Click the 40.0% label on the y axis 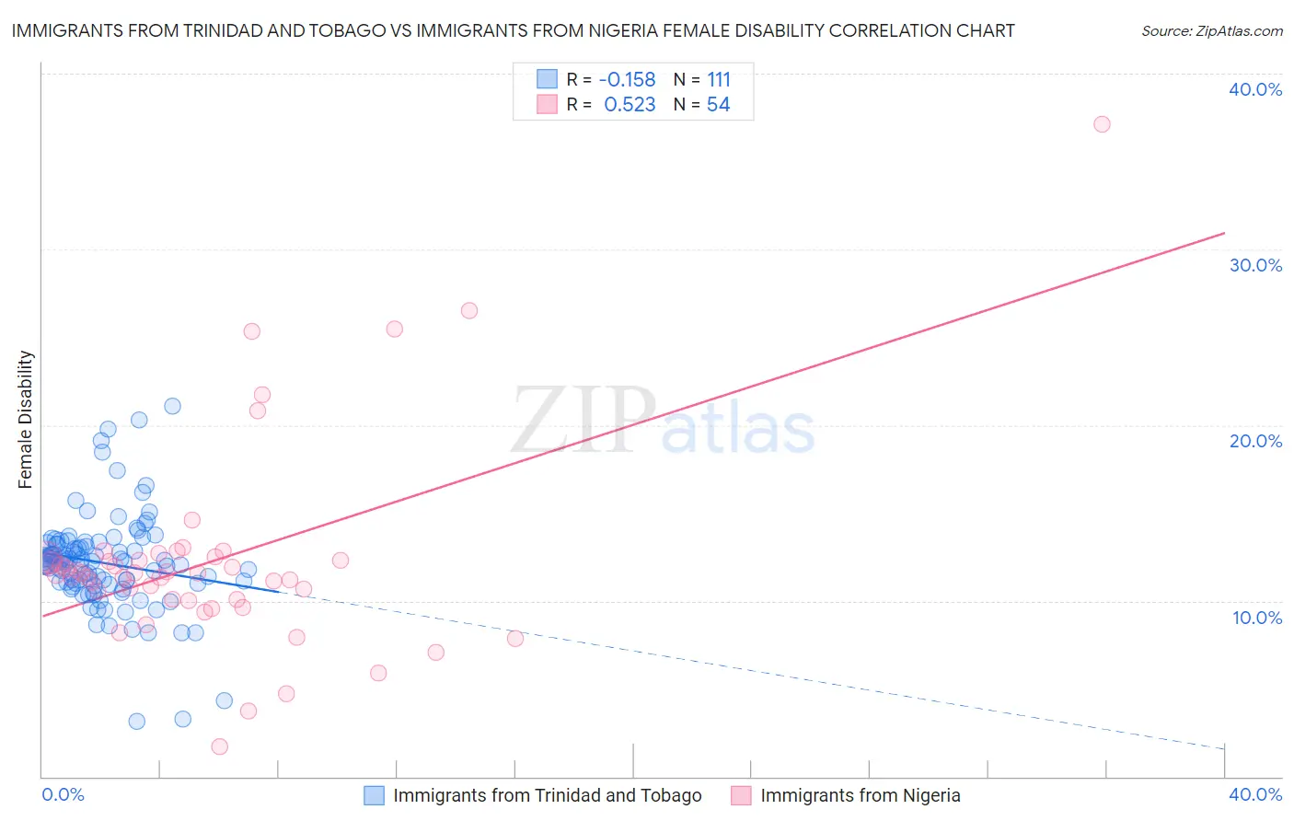pyautogui.click(x=1255, y=89)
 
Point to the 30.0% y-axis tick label pyautogui.click(x=1255, y=265)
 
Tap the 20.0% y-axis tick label pyautogui.click(x=1255, y=441)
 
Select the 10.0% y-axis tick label pyautogui.click(x=1255, y=618)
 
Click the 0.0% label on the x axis pyautogui.click(x=63, y=794)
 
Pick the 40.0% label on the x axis pyautogui.click(x=1255, y=794)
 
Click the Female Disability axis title pyautogui.click(x=26, y=419)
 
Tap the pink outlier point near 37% pyautogui.click(x=1102, y=124)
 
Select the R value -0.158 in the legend pyautogui.click(x=627, y=80)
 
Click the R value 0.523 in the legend pyautogui.click(x=630, y=105)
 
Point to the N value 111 pyautogui.click(x=719, y=80)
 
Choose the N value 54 pyautogui.click(x=718, y=105)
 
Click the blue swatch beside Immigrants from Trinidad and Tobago pyautogui.click(x=374, y=795)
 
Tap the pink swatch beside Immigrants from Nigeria pyautogui.click(x=741, y=795)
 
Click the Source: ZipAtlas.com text pyautogui.click(x=1211, y=31)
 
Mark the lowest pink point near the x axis pyautogui.click(x=219, y=746)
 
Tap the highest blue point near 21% pyautogui.click(x=172, y=406)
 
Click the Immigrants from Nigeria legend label pyautogui.click(x=860, y=795)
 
